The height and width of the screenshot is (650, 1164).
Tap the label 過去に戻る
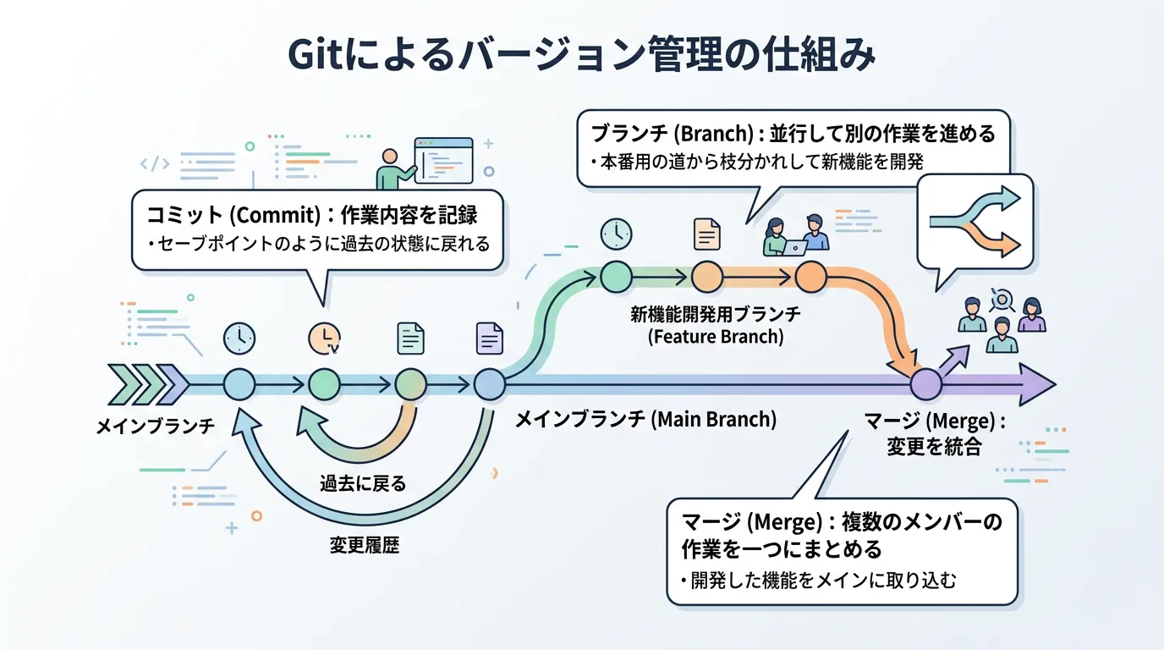(363, 484)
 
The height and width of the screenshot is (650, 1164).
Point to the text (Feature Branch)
(715, 337)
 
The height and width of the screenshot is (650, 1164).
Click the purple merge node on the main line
(925, 385)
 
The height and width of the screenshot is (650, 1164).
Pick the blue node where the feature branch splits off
(489, 385)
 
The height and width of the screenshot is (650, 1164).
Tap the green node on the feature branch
(616, 276)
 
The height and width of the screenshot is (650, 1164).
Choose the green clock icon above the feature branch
(616, 234)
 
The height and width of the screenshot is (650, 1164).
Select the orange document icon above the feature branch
(706, 234)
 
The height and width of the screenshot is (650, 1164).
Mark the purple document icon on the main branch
(490, 338)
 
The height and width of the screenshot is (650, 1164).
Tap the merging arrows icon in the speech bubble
(975, 220)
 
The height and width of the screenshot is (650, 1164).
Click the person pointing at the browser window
(389, 170)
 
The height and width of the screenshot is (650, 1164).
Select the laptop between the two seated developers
(795, 246)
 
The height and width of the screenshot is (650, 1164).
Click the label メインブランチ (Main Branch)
(645, 420)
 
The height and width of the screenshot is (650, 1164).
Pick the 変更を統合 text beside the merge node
(934, 446)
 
